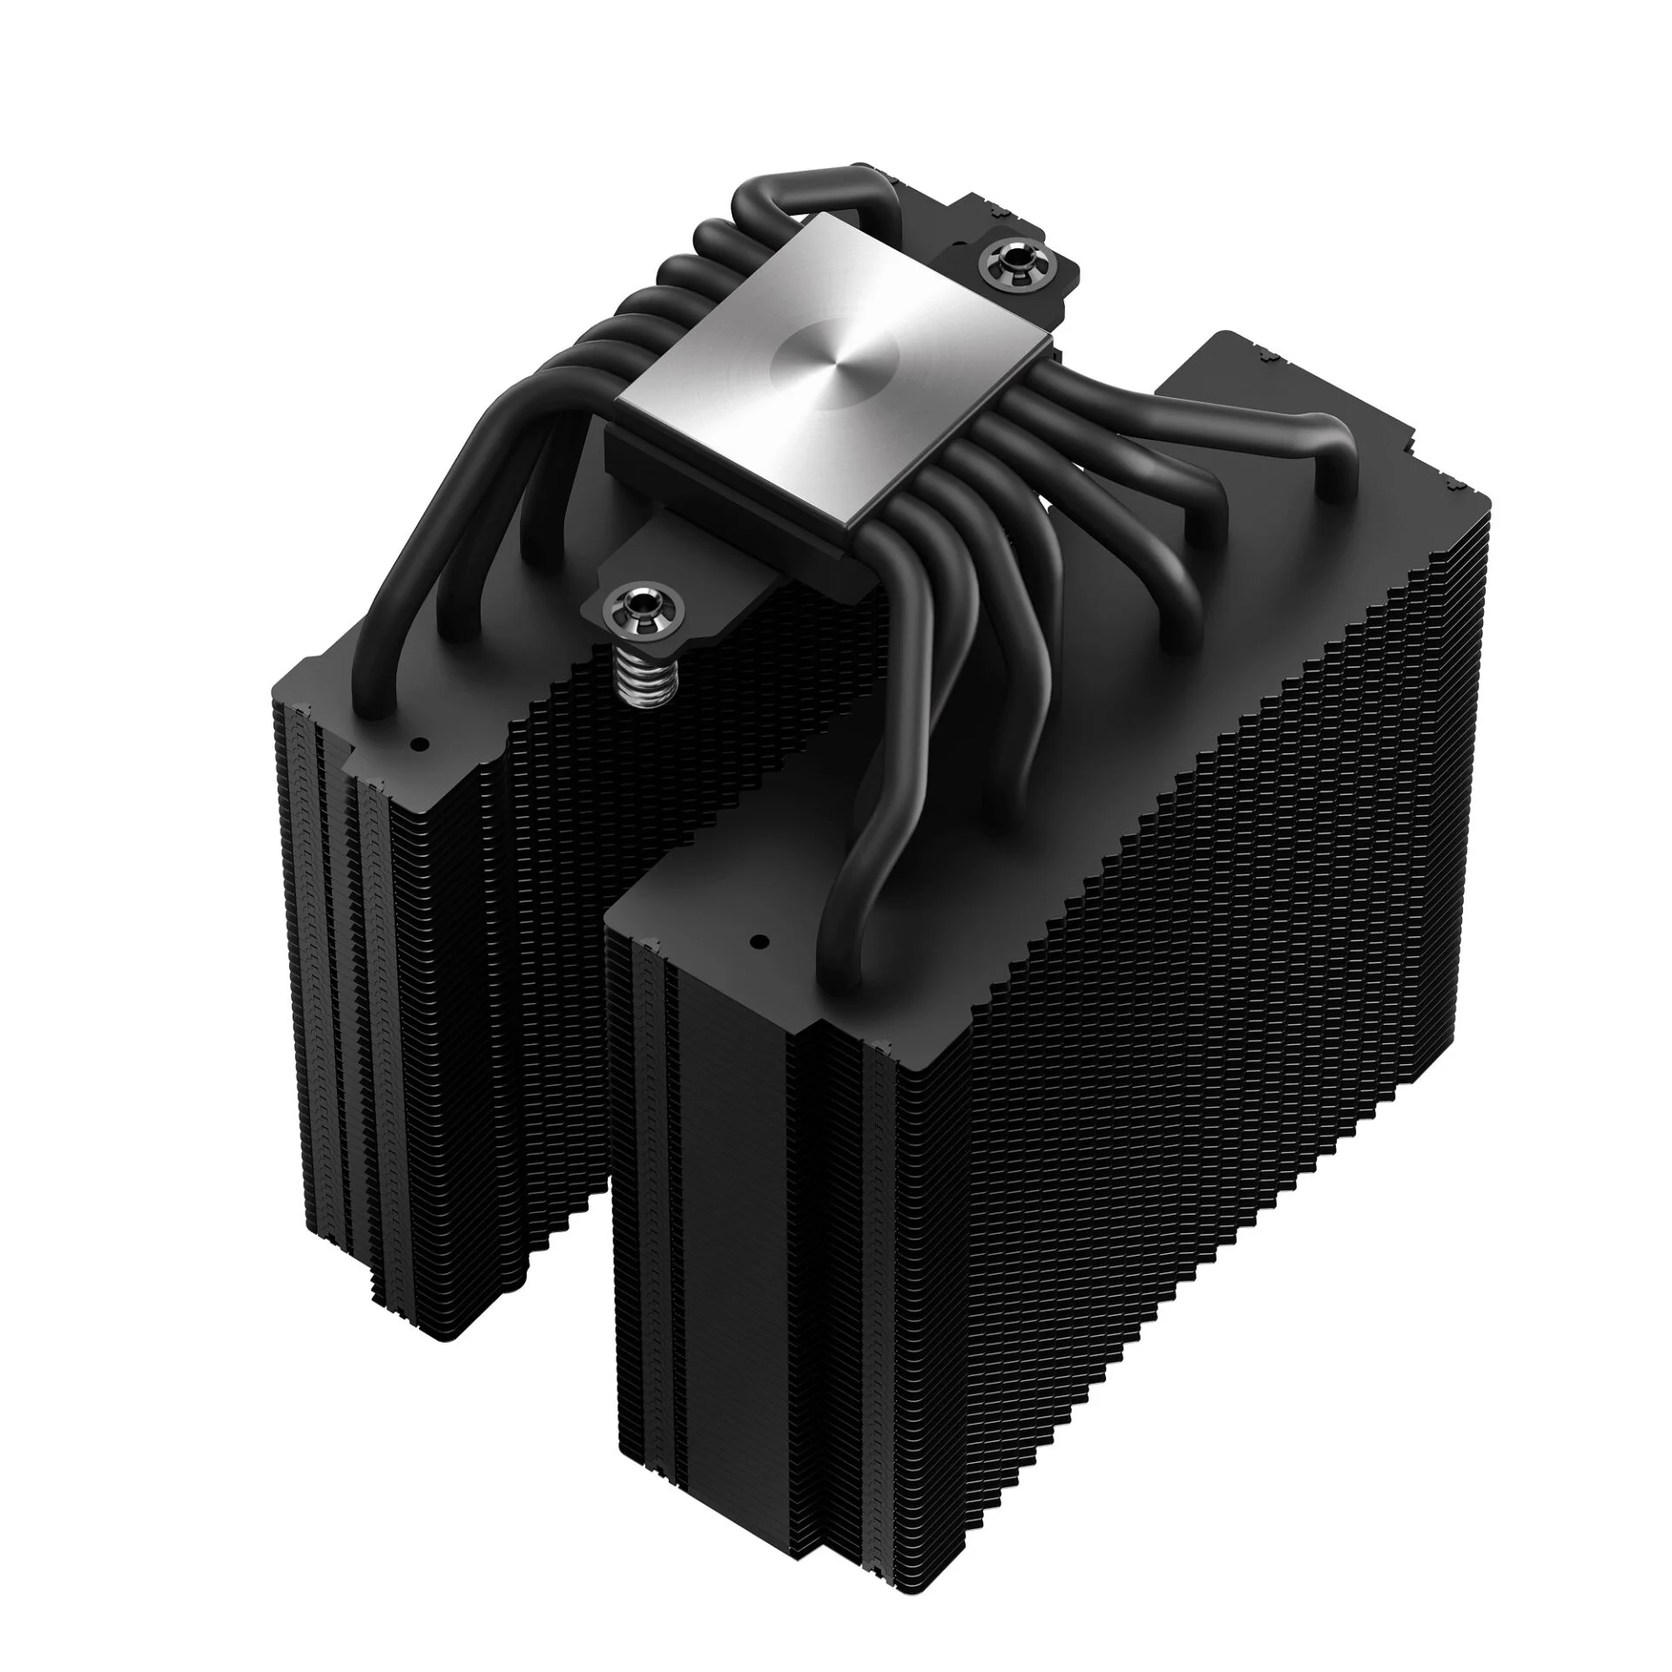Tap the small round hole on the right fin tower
coord(756,942)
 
